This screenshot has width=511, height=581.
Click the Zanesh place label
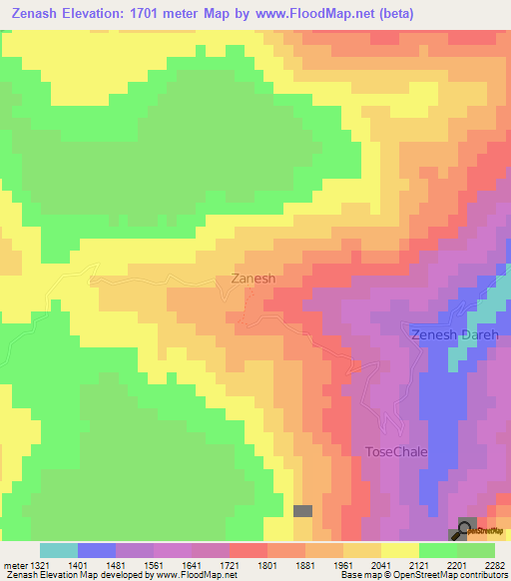coord(253,280)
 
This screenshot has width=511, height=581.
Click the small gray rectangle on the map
coord(302,510)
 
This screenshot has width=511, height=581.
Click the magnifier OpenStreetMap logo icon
coord(465,531)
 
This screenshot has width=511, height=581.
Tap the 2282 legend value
coord(498,564)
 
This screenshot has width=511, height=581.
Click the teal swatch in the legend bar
coord(59,550)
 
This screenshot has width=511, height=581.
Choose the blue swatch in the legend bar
coord(97,550)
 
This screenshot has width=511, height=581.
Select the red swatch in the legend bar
coord(249,550)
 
